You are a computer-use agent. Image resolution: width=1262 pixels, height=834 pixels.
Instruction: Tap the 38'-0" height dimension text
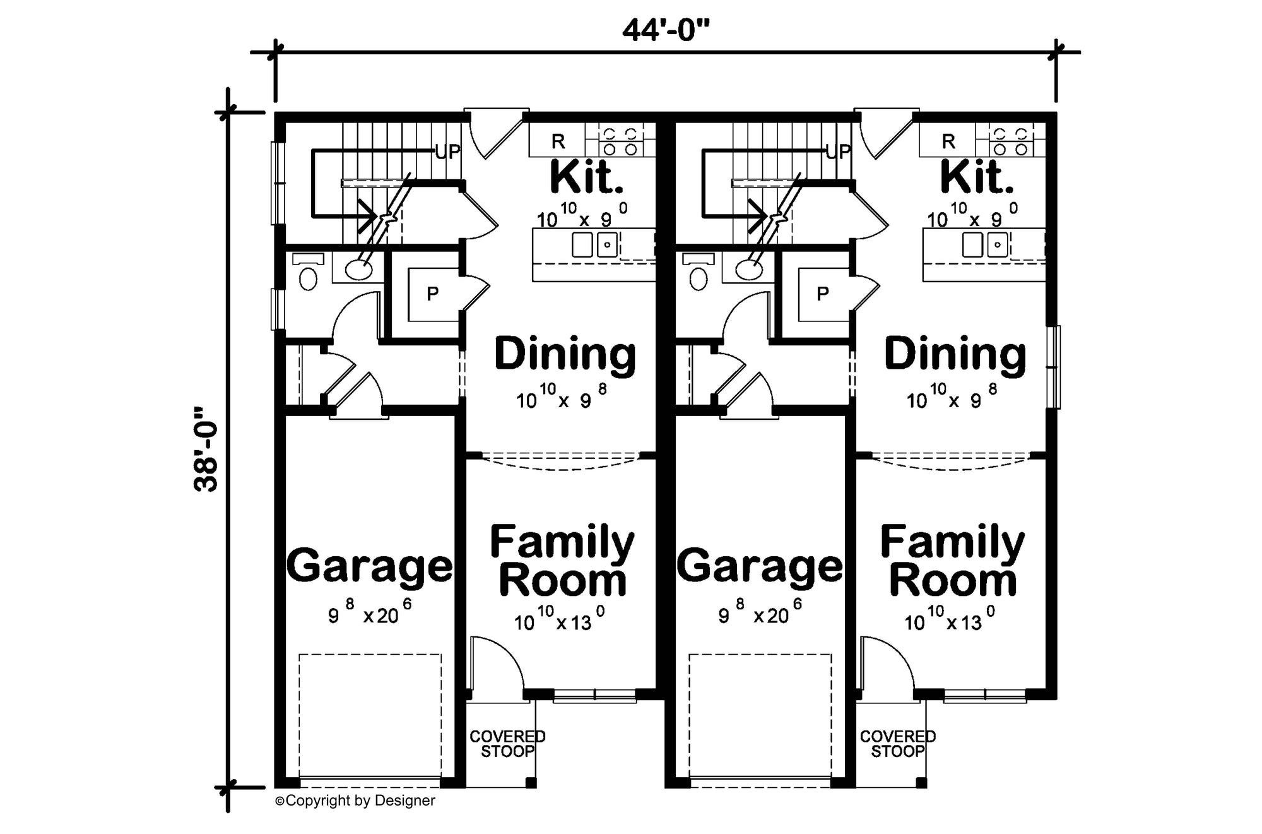206,449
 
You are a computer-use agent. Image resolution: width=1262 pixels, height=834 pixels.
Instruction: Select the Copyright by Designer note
355,801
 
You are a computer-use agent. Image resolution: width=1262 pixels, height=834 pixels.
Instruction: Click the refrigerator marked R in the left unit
558,141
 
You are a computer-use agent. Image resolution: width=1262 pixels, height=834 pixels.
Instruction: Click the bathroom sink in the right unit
749,270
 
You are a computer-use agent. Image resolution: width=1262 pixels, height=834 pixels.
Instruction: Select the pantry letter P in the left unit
432,294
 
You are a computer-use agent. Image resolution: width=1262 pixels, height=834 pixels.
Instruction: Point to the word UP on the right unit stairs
839,152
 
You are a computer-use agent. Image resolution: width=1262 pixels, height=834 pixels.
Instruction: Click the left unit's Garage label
370,566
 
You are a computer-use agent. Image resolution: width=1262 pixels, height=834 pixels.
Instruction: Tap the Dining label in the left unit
565,354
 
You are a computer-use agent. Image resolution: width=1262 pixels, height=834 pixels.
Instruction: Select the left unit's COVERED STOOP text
507,744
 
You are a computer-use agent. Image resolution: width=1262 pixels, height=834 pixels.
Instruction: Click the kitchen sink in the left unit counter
594,244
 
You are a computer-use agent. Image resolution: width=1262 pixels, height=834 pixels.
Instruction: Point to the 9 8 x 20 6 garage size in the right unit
760,611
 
